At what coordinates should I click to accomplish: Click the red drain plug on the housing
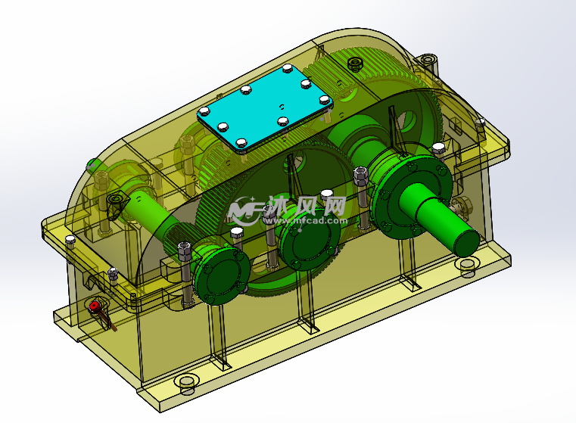tap(95, 306)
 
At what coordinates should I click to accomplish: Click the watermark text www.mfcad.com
tap(303, 221)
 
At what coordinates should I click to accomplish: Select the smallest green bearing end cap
tap(220, 272)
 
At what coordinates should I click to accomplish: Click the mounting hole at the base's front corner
tap(186, 383)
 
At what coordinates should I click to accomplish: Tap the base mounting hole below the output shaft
tap(468, 264)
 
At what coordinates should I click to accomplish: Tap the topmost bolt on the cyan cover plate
tap(287, 70)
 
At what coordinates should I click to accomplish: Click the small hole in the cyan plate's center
tap(280, 106)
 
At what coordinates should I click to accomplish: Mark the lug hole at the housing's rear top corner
tap(429, 58)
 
